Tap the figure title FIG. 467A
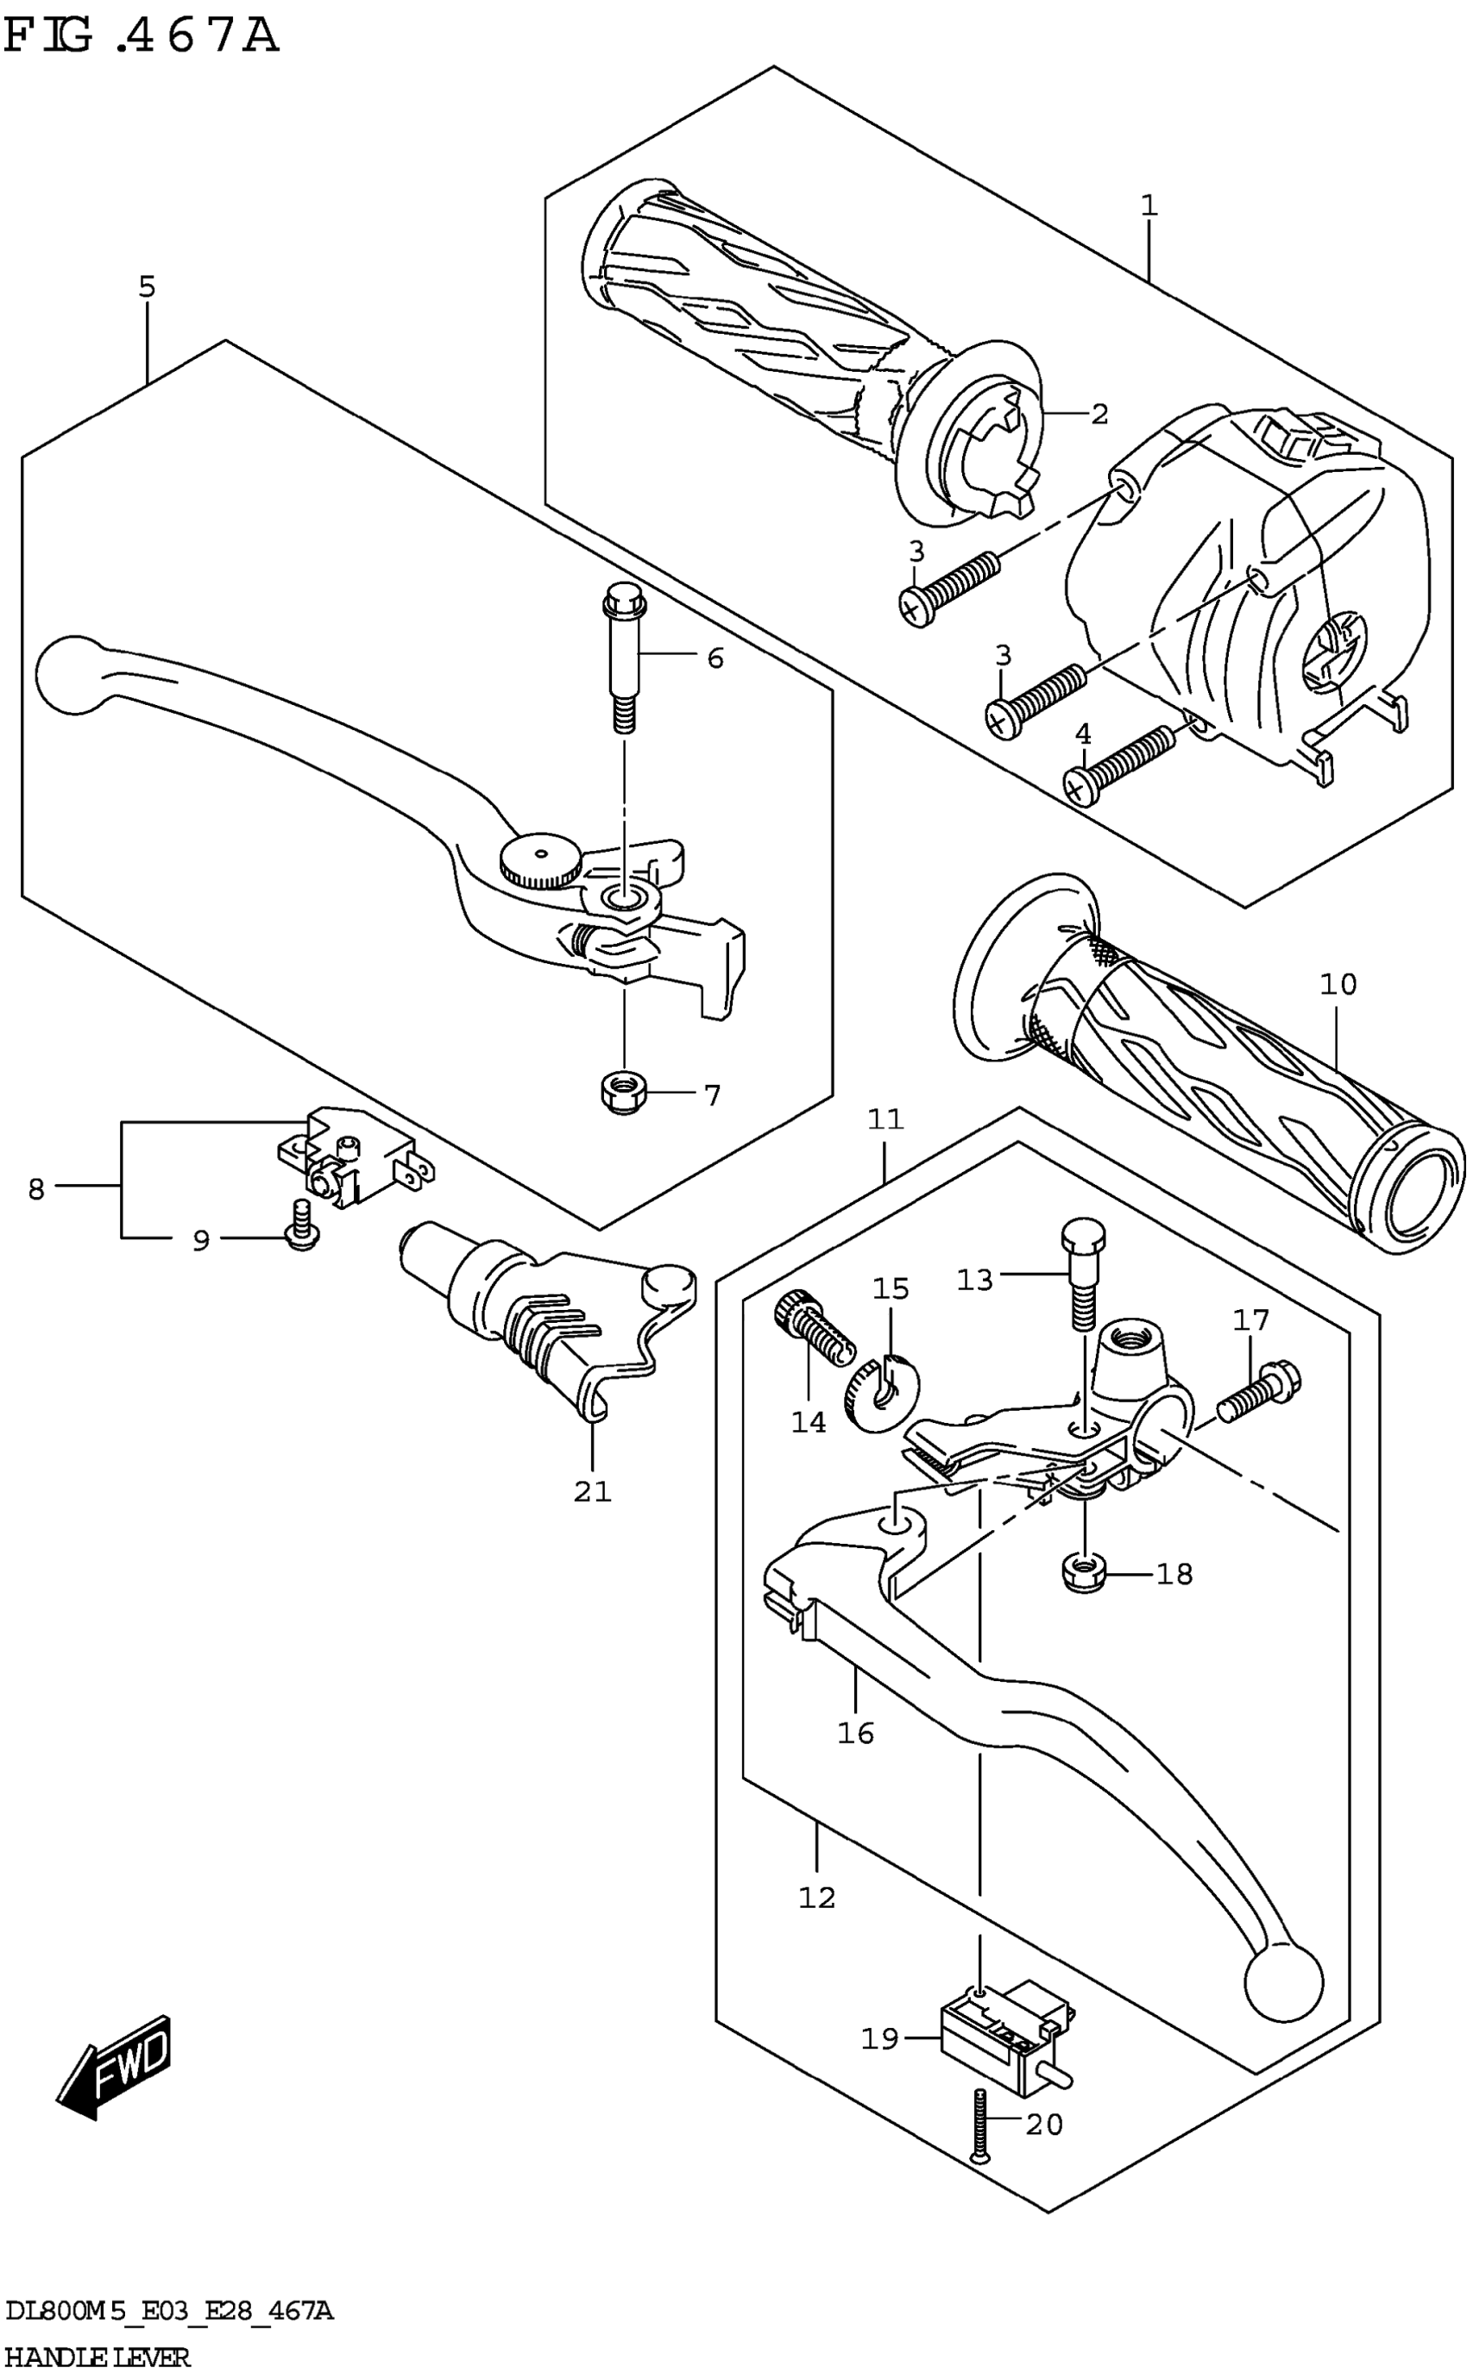[142, 37]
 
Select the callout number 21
[592, 1491]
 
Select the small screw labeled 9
[302, 1226]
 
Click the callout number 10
[1338, 984]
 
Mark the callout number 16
[856, 1733]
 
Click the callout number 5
[147, 287]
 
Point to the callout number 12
[817, 1897]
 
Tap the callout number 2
[1099, 414]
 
